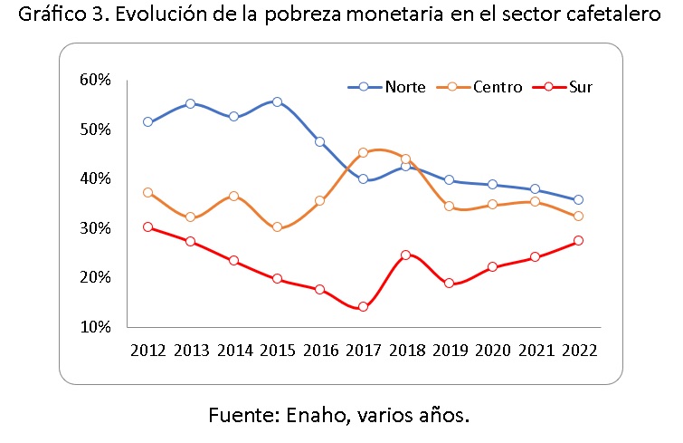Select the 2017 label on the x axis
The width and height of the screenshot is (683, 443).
click(363, 349)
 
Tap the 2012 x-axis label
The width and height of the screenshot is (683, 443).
click(147, 349)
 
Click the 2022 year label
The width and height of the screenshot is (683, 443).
click(578, 349)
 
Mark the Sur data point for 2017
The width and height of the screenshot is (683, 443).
click(363, 307)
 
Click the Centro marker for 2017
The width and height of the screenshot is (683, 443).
click(363, 153)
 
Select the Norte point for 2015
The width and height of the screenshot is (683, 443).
click(277, 101)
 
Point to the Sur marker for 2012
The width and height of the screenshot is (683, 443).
click(147, 227)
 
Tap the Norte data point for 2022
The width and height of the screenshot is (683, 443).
click(578, 200)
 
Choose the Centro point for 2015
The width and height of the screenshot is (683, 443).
click(277, 227)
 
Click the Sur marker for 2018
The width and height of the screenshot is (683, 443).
click(406, 255)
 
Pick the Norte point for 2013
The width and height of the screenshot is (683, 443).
click(191, 103)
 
